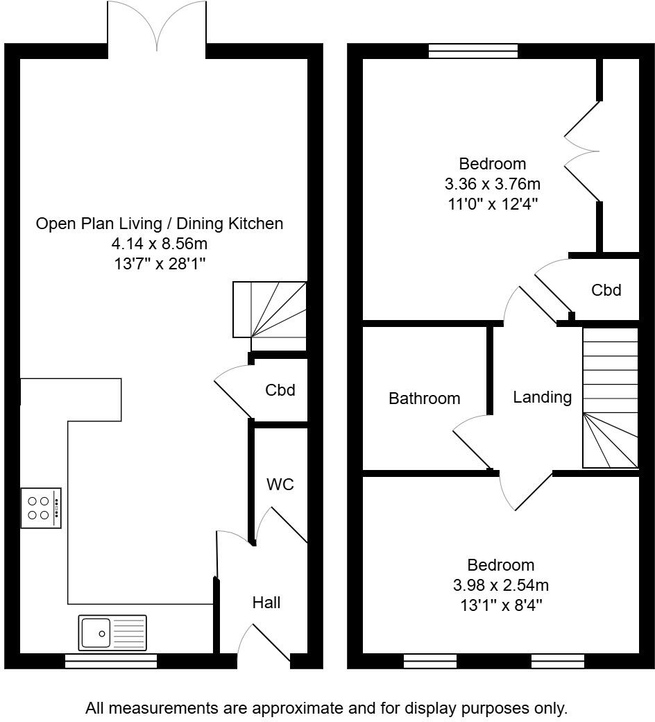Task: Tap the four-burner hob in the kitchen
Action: (41, 508)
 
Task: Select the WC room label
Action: (280, 484)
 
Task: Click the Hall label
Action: (266, 603)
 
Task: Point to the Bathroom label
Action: (424, 398)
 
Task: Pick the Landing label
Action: (542, 397)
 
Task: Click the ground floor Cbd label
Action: (280, 390)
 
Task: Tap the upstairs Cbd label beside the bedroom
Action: (606, 290)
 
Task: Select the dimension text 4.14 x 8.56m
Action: (160, 244)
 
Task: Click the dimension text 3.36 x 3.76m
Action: (492, 185)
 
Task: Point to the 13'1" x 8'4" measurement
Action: (500, 605)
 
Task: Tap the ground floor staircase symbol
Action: (270, 310)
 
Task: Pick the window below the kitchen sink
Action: (111, 662)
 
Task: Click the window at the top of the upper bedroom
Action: (473, 51)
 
